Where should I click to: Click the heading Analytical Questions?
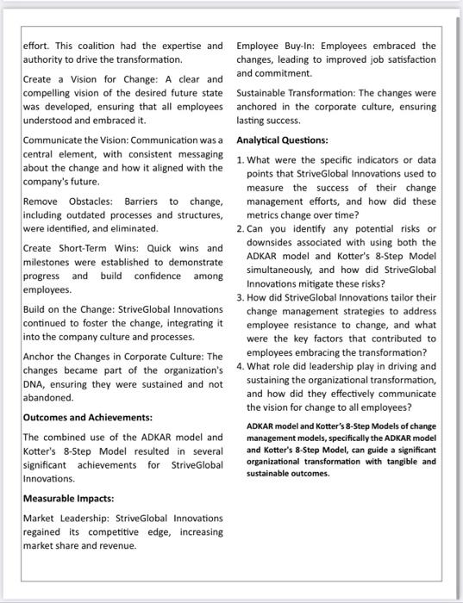[x=281, y=139]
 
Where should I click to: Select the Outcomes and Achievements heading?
[x=87, y=417]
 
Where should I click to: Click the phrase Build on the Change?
[x=65, y=308]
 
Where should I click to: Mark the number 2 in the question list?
[x=241, y=227]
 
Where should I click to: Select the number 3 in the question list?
[x=241, y=297]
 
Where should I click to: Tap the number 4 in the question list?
[x=241, y=366]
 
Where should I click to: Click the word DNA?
[x=35, y=385]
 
